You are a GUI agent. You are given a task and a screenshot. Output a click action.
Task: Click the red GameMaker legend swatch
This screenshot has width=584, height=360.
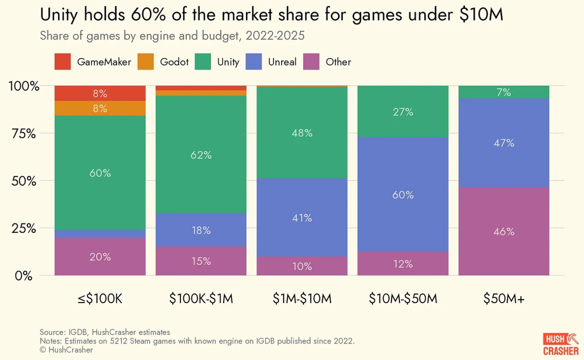pyautogui.click(x=62, y=62)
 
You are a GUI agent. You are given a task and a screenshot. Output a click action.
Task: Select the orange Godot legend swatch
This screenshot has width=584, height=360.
pyautogui.click(x=146, y=62)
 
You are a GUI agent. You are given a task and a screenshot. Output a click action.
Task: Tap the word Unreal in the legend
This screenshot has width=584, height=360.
pyautogui.click(x=282, y=62)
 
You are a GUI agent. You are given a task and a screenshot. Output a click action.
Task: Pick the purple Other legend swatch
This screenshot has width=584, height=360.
pyautogui.click(x=311, y=62)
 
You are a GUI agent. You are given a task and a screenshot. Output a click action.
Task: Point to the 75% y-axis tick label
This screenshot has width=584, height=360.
pyautogui.click(x=24, y=134)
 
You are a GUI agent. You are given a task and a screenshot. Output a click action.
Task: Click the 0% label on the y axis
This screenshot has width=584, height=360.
pyautogui.click(x=24, y=276)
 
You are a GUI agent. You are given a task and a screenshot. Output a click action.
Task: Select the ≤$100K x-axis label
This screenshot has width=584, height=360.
pyautogui.click(x=100, y=299)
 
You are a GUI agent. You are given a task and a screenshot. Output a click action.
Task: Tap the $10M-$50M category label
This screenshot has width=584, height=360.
pyautogui.click(x=403, y=299)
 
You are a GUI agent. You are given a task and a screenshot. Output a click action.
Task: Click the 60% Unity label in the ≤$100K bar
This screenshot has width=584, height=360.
pyautogui.click(x=100, y=173)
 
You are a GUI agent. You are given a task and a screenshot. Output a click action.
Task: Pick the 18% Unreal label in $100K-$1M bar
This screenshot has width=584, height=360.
pyautogui.click(x=201, y=230)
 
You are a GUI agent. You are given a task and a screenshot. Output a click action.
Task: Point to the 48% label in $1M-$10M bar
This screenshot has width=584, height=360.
pyautogui.click(x=302, y=133)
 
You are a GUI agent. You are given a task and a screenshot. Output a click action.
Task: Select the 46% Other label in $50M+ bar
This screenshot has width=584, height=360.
pyautogui.click(x=504, y=231)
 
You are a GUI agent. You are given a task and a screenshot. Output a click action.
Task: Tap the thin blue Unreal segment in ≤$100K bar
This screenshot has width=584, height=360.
pyautogui.click(x=100, y=234)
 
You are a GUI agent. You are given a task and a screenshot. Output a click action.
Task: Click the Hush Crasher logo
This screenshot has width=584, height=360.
pyautogui.click(x=561, y=344)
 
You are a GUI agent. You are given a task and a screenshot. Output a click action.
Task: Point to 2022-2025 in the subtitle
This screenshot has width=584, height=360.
pyautogui.click(x=275, y=36)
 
